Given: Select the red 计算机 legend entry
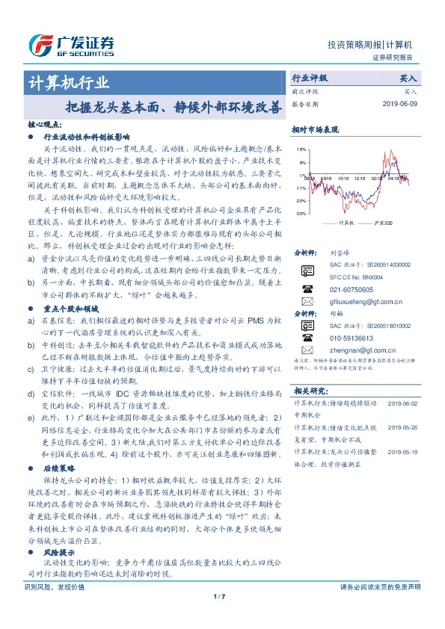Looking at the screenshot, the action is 344,222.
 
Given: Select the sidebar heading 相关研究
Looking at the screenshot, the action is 310,391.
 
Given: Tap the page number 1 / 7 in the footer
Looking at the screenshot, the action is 219,618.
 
